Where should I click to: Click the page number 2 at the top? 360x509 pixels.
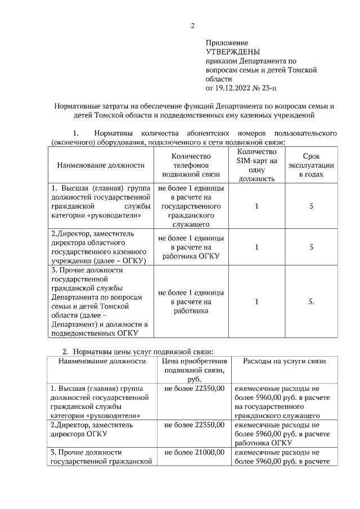coord(192,25)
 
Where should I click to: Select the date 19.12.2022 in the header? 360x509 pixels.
coord(235,88)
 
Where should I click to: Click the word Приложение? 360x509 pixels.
coord(227,43)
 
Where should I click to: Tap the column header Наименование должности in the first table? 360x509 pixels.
coord(101,165)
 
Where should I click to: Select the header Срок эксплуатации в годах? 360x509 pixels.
coord(311,165)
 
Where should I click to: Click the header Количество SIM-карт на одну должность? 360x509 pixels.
coord(256,165)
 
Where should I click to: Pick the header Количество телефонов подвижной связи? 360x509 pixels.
coord(191,165)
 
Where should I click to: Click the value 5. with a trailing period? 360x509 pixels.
coord(311,301)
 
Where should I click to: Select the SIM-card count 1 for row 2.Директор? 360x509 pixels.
coord(256,247)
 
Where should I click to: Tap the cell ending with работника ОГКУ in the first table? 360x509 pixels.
coord(191,247)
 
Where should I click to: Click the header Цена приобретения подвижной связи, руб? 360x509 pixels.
coord(194,370)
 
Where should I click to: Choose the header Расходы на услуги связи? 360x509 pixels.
coord(284,361)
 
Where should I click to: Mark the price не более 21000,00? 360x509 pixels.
coord(195,452)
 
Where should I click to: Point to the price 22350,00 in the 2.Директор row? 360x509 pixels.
coord(195,425)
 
